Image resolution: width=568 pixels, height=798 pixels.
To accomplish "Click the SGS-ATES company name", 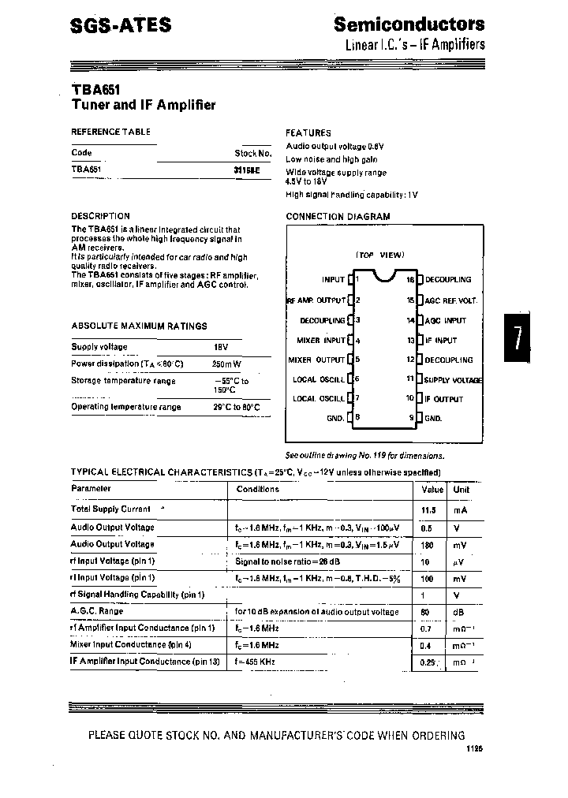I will pyautogui.click(x=121, y=25).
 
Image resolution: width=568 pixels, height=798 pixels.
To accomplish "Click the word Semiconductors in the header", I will pyautogui.click(x=409, y=24).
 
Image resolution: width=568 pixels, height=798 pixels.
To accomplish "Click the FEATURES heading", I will pyautogui.click(x=308, y=133).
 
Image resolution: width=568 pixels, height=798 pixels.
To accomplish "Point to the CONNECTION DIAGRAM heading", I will pyautogui.click(x=338, y=216).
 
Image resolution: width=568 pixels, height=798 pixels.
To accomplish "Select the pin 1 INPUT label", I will pyautogui.click(x=333, y=279).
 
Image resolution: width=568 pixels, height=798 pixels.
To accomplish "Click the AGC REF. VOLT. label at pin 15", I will pyautogui.click(x=451, y=300).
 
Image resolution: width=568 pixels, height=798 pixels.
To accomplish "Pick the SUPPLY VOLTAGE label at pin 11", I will pyautogui.click(x=453, y=379).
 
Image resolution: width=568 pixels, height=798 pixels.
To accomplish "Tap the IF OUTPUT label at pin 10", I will pyautogui.click(x=444, y=399).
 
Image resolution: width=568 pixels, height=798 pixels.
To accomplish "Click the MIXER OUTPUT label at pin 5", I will pyautogui.click(x=316, y=360).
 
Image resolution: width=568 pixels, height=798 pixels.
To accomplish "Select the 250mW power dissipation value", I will pyautogui.click(x=227, y=364).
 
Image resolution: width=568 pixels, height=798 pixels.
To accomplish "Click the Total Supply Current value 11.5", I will pyautogui.click(x=429, y=509).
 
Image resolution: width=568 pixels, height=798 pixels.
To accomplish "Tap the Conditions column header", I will pyautogui.click(x=258, y=489).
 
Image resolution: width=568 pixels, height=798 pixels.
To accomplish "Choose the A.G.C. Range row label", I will pyautogui.click(x=97, y=611).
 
